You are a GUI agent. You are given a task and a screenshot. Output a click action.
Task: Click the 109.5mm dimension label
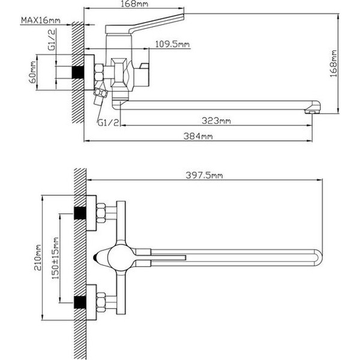click(172, 44)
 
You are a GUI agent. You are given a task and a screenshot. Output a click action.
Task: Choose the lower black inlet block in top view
click(78, 301)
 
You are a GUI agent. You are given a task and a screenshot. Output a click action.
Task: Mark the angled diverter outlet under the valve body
click(102, 94)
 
